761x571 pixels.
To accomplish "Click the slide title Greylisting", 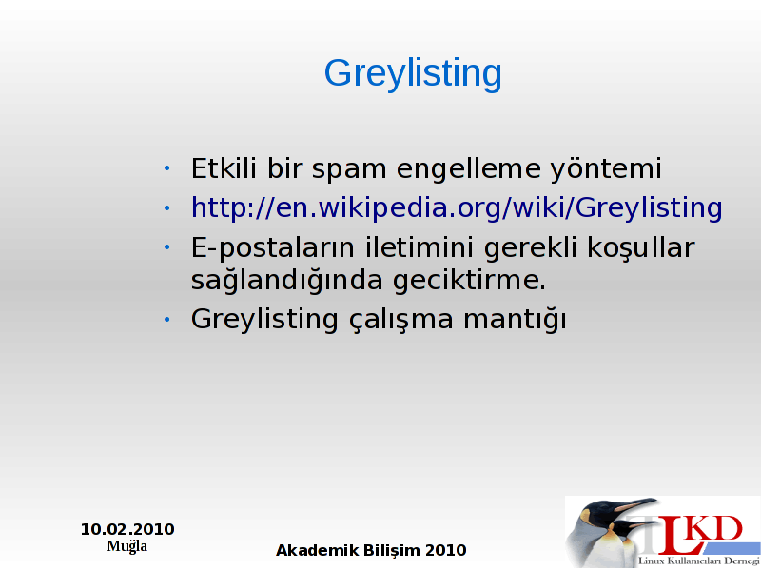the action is (x=413, y=74).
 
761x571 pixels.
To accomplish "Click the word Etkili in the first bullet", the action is (x=224, y=168).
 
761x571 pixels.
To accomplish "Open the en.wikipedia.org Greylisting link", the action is (x=457, y=208).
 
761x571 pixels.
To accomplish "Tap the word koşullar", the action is (x=641, y=248).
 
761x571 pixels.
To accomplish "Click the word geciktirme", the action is (x=469, y=280).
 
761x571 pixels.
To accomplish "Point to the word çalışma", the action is (x=400, y=320).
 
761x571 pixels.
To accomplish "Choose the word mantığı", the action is (x=515, y=320).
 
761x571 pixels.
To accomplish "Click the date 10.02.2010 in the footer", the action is (x=127, y=529).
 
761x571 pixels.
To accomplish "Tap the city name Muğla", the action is (x=127, y=546).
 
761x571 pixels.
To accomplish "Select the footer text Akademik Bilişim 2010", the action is (x=371, y=551).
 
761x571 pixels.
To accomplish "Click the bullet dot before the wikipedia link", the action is (x=167, y=208).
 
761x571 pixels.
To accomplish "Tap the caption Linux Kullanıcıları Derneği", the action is (x=699, y=561).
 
